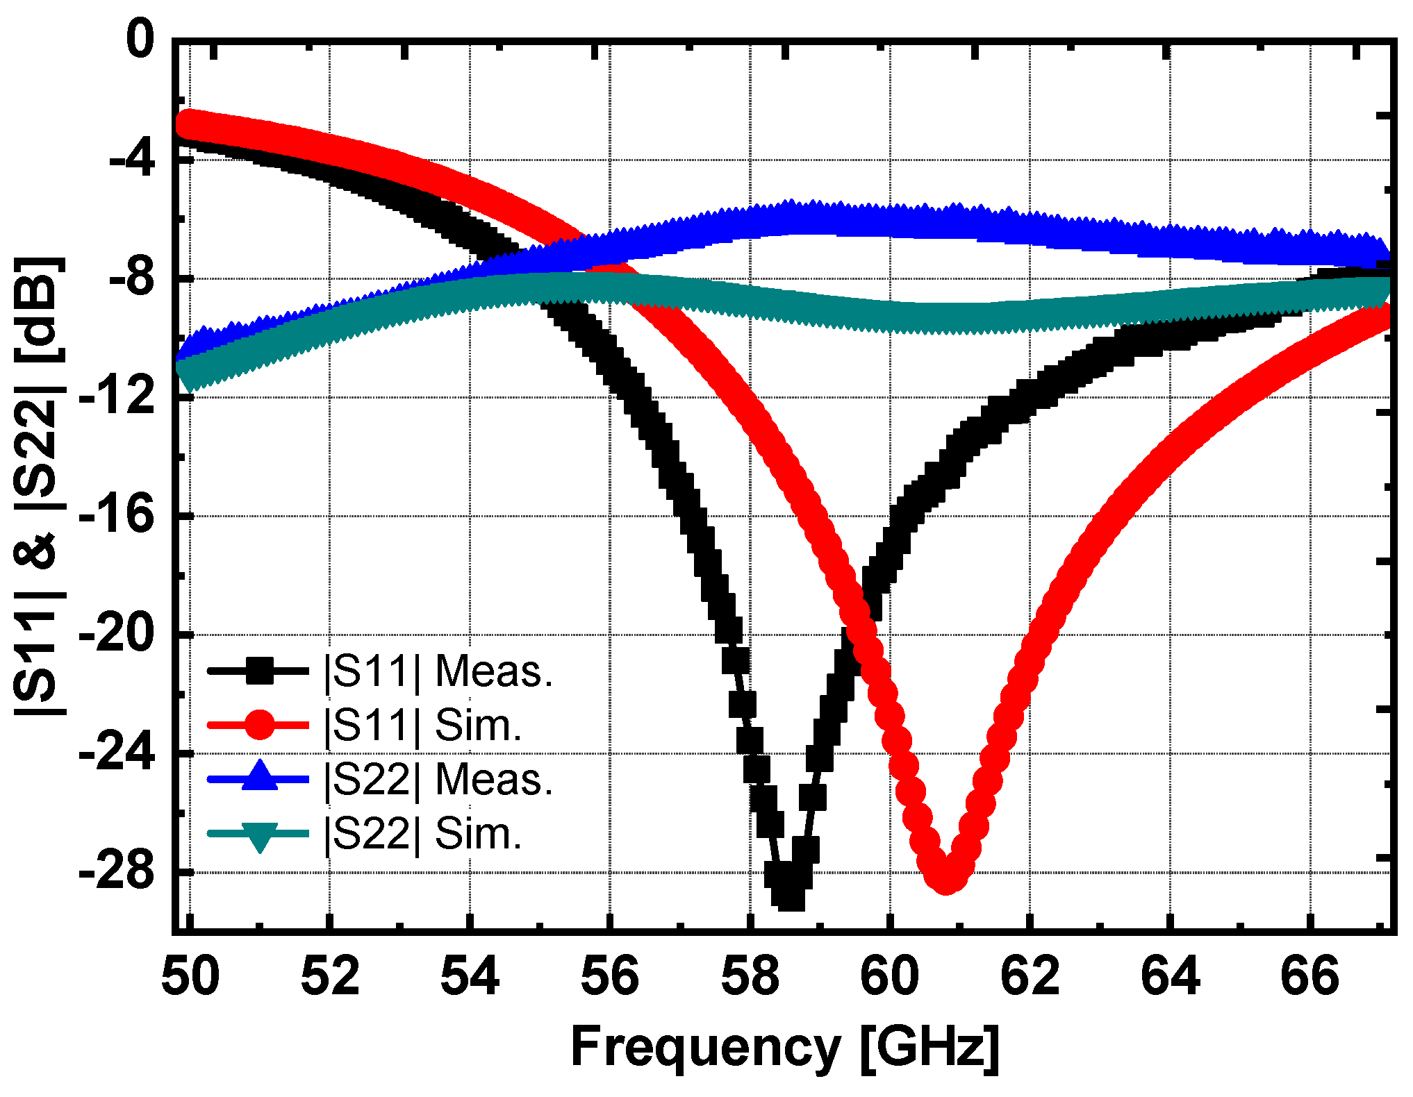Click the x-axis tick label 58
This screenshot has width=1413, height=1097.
click(750, 975)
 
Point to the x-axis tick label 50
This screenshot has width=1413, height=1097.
click(190, 975)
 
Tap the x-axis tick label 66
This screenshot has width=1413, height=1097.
click(1309, 975)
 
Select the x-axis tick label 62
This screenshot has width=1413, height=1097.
click(1030, 975)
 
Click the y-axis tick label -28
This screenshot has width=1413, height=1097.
click(117, 871)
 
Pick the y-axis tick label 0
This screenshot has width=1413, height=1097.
click(140, 40)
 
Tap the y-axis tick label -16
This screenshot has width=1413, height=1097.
click(117, 515)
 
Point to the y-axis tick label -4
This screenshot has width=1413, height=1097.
click(132, 160)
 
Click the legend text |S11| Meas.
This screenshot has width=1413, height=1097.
click(438, 671)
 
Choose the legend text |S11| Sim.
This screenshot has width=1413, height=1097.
click(422, 726)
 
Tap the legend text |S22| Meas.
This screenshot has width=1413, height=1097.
click(438, 779)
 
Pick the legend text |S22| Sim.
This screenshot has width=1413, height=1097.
click(422, 833)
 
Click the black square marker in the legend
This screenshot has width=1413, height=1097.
click(259, 671)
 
